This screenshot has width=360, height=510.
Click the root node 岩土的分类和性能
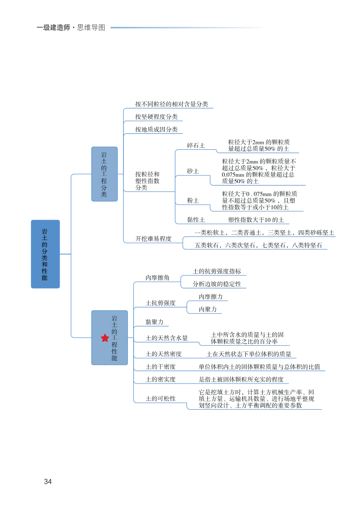point(45,254)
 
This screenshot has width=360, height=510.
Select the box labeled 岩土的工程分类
point(104,174)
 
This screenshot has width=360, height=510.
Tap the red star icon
point(105,338)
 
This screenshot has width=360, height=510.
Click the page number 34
point(47,481)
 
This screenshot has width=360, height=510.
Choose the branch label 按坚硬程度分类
point(156,117)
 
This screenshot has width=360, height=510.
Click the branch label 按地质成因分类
point(156,129)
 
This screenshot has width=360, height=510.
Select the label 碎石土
point(196,145)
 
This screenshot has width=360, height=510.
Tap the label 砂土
point(193,171)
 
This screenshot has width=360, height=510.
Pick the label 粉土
point(193,200)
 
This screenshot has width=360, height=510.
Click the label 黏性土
point(196,220)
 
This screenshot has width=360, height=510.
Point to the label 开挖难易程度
point(153,239)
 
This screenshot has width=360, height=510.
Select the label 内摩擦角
point(157,278)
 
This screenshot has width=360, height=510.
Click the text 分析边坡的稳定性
point(217,284)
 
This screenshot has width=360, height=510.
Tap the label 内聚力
point(207,309)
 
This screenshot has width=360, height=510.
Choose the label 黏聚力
point(154,322)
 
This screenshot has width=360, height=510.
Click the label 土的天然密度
point(163,354)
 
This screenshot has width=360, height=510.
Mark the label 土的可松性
point(160,398)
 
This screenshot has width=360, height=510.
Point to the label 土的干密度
point(160,367)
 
